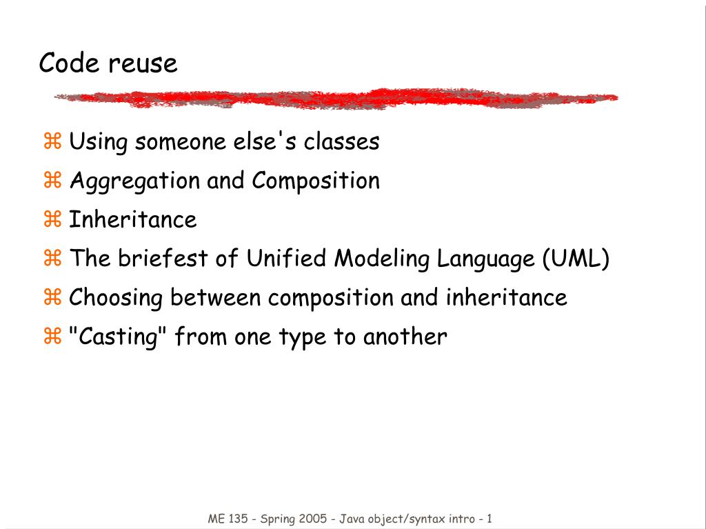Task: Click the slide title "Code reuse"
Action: pos(108,63)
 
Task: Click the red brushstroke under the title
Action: pos(336,99)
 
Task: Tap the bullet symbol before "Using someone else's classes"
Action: pos(52,143)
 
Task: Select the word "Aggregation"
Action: pos(135,181)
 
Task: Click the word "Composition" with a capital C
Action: pos(316,181)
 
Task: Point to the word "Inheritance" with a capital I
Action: pos(133,220)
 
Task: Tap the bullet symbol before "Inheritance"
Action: pos(52,221)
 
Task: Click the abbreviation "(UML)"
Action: pos(576,259)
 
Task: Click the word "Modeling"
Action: pos(382,259)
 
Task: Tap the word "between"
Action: pos(216,299)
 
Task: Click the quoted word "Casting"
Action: pos(118,337)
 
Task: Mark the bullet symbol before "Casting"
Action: pos(52,338)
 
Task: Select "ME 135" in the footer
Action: pos(228,519)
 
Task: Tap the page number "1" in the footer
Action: pos(489,519)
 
